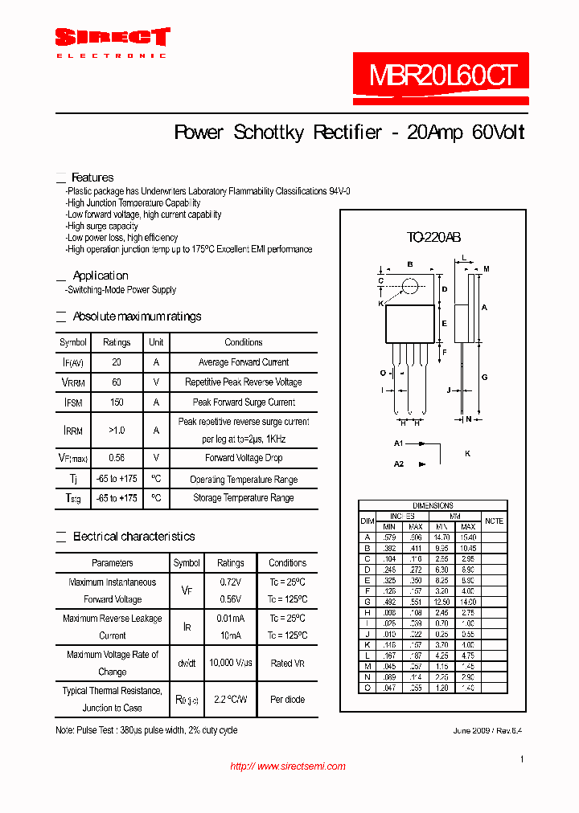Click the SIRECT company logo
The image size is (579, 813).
point(112,38)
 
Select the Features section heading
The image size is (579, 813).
point(92,178)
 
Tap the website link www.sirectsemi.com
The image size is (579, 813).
point(288,766)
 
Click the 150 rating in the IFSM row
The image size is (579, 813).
point(117,402)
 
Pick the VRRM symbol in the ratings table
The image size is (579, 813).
point(73,382)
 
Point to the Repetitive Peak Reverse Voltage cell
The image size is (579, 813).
point(243,382)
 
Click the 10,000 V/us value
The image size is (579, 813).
point(231,663)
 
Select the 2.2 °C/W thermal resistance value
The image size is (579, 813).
point(231,700)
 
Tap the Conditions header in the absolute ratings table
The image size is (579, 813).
point(243,342)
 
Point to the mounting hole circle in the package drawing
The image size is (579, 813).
point(410,285)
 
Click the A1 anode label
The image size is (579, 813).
point(398,443)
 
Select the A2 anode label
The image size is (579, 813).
point(398,464)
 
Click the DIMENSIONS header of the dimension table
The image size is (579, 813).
point(433,505)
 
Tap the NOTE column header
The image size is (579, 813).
point(494,521)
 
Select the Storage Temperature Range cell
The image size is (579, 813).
point(243,498)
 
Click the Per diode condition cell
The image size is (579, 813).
point(287,700)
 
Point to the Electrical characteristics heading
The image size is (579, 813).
point(133,537)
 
